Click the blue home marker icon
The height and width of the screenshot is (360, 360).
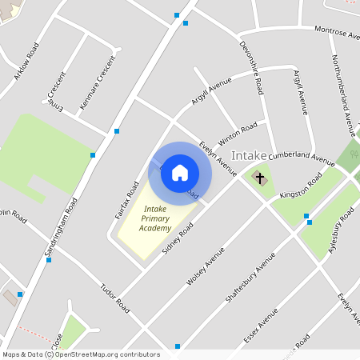pos(180,172)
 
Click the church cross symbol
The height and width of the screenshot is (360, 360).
pos(259,177)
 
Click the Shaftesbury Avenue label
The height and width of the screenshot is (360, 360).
pos(250,277)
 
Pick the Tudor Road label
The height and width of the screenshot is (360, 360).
pos(114,297)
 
